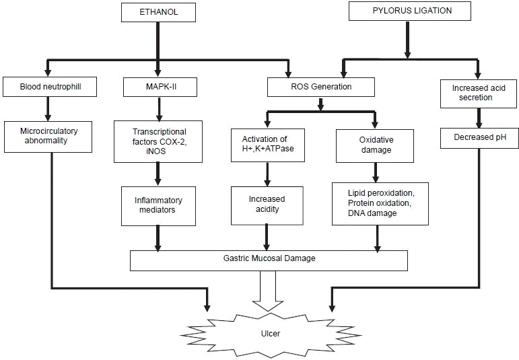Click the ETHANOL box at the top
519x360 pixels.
(158, 11)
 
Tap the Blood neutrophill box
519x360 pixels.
(46, 87)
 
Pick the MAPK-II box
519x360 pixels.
(158, 87)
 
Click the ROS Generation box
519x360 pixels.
(319, 87)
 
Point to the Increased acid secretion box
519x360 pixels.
(477, 92)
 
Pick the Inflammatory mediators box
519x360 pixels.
(158, 205)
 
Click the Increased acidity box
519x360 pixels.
(267, 205)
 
